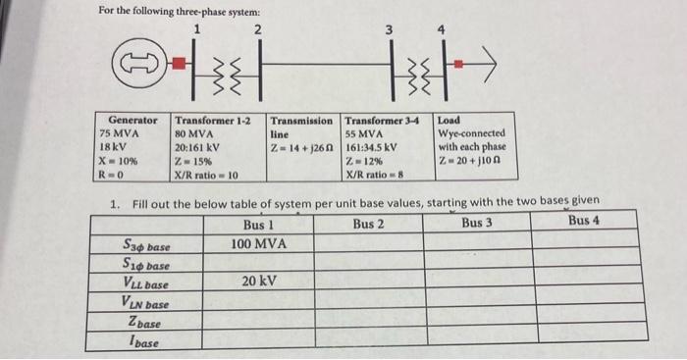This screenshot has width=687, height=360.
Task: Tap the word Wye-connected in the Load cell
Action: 472,133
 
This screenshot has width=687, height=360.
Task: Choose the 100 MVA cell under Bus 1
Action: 252,242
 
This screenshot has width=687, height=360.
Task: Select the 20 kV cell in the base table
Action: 252,281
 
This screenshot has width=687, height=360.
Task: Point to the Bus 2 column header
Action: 367,223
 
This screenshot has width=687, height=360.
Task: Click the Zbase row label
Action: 145,323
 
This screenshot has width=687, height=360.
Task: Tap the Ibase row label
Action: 145,341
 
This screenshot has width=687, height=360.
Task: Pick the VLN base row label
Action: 145,303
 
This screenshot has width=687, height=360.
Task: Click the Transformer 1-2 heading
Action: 212,120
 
